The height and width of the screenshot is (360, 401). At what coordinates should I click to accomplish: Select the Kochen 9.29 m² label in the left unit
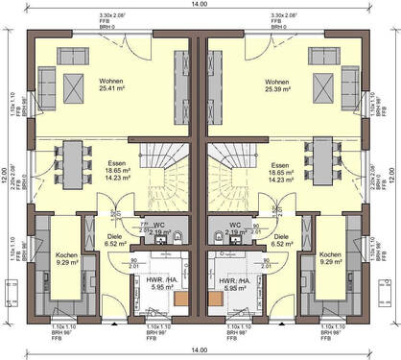coord(67,259)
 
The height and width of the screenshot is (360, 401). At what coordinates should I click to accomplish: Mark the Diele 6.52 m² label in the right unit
coord(282,241)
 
